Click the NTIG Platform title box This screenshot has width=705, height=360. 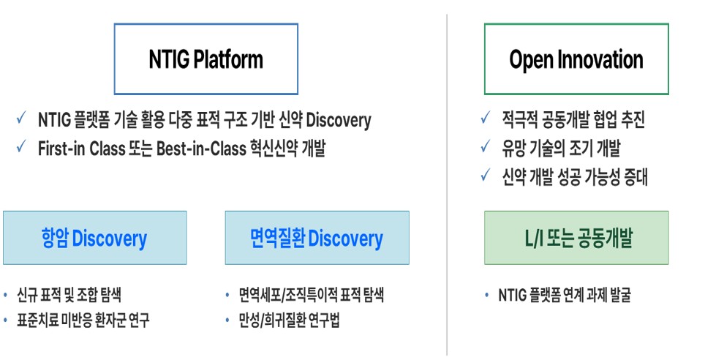[x=206, y=59]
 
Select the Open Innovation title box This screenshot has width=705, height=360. [x=576, y=59]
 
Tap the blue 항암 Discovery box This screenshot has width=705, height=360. [x=94, y=238]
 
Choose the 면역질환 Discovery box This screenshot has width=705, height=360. [x=317, y=238]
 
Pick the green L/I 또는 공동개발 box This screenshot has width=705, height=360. [x=576, y=238]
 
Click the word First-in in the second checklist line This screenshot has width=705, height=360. [x=62, y=149]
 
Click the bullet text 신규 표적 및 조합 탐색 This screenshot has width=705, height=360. [x=69, y=296]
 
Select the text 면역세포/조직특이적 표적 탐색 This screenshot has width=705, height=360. [x=311, y=296]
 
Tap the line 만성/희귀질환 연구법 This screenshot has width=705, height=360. [x=289, y=320]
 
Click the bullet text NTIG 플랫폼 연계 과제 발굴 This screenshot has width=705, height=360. [x=564, y=296]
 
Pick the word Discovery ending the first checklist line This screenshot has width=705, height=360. [x=339, y=120]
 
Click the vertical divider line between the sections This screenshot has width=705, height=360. [x=447, y=183]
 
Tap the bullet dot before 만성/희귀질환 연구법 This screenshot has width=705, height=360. [x=229, y=320]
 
